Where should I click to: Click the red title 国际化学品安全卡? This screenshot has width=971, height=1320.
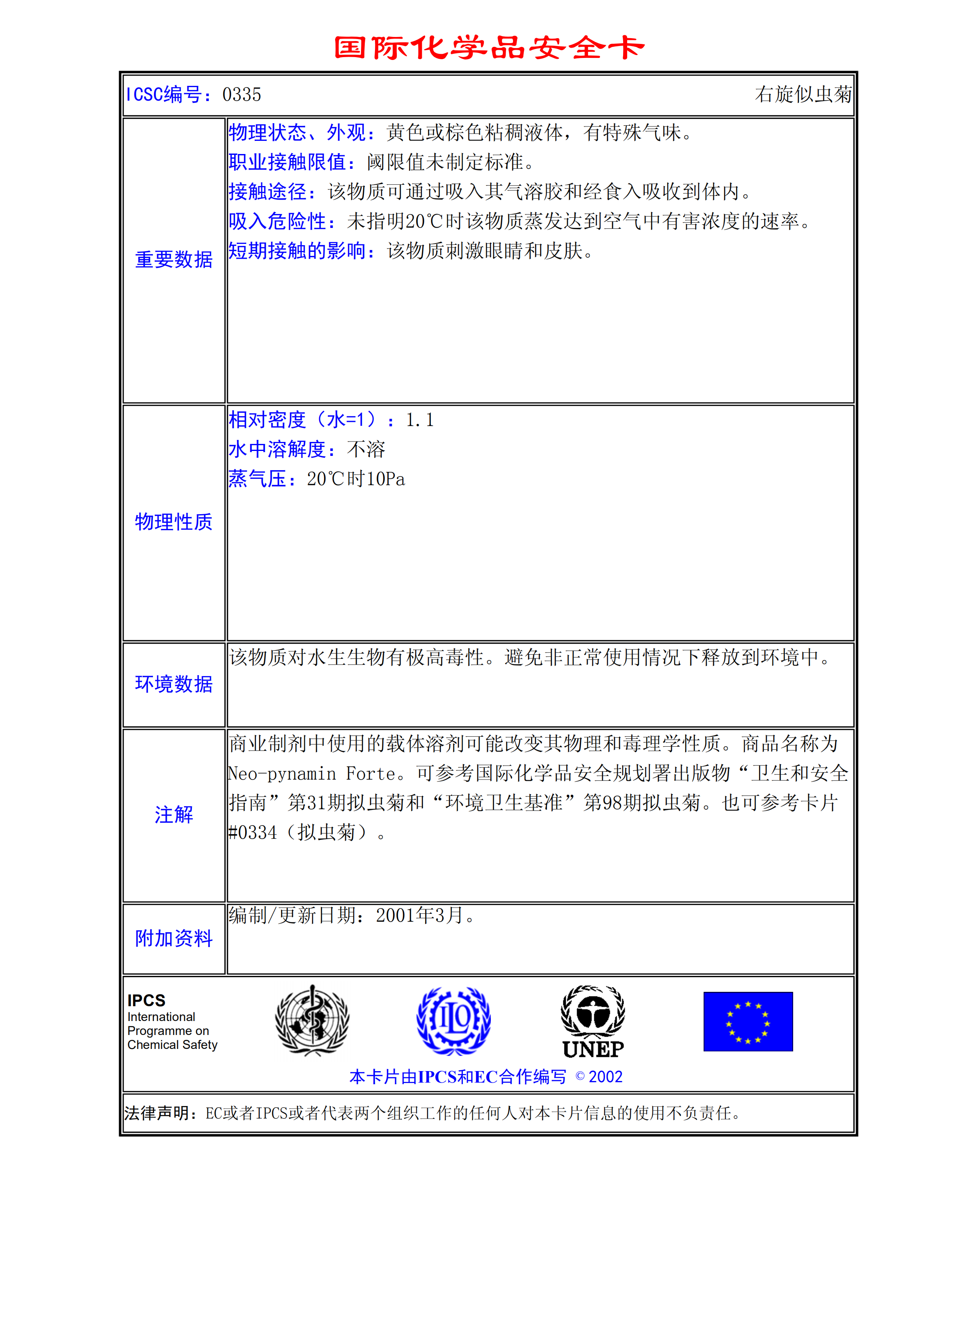tap(489, 48)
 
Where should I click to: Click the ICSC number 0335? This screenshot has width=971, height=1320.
tap(242, 94)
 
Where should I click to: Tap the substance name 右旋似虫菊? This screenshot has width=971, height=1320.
tap(803, 94)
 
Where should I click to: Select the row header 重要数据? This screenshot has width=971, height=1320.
tap(174, 260)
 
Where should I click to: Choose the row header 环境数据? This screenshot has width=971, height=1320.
tap(174, 684)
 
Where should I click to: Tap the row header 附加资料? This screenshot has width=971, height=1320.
tap(174, 938)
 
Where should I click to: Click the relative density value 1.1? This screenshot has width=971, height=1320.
tap(420, 420)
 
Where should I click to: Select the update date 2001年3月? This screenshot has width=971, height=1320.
tap(420, 915)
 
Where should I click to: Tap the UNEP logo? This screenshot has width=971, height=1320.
tap(593, 1021)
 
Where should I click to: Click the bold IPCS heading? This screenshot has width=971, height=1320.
tap(146, 1000)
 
